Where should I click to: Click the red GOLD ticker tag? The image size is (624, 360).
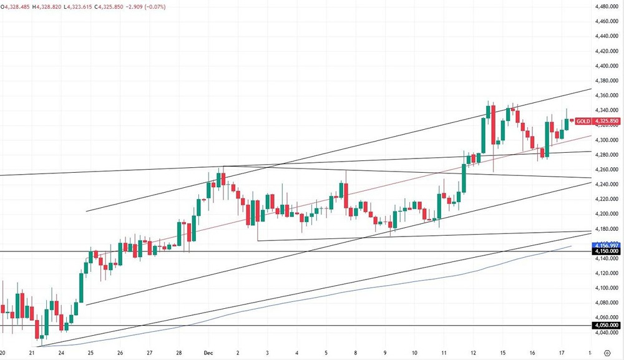click(583, 121)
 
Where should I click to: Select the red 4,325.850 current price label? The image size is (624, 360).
click(607, 121)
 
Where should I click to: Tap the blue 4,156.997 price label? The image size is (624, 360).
click(607, 245)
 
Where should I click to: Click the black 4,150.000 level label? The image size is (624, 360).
click(607, 251)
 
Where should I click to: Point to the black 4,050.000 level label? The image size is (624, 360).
click(607, 326)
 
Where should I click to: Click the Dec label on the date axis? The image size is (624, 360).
click(208, 353)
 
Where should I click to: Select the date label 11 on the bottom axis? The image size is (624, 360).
click(444, 353)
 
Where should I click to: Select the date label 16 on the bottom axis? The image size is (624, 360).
click(532, 353)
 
